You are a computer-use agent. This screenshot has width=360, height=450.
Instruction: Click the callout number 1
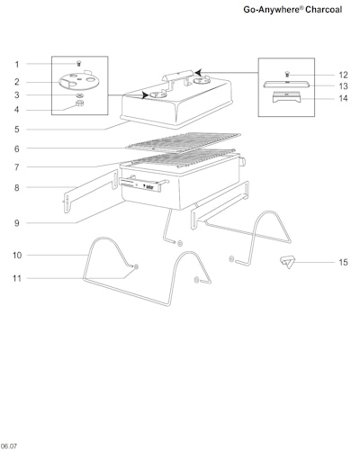17,64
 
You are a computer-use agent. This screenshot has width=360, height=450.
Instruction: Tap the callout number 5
17,130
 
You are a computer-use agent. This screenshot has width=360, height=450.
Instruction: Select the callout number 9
17,223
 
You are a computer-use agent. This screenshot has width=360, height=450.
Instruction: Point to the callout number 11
17,278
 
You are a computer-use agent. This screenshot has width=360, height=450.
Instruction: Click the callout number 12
343,75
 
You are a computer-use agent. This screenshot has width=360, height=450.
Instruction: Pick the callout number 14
343,98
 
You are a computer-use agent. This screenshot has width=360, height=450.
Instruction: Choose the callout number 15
343,263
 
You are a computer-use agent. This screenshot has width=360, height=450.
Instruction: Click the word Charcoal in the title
324,10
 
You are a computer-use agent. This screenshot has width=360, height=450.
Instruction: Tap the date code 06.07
9,446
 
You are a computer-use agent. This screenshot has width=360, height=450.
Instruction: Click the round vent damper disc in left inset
79,81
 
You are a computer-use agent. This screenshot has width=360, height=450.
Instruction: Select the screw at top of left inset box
79,63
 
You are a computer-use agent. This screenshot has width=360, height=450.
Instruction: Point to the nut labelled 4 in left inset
79,103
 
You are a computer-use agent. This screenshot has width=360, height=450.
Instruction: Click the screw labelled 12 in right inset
287,74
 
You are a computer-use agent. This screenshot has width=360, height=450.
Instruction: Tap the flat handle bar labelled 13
286,85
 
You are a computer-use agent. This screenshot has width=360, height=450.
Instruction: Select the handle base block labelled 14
286,97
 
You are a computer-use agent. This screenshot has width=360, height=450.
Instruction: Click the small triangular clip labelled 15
287,262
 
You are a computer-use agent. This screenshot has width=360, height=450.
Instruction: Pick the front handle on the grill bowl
143,184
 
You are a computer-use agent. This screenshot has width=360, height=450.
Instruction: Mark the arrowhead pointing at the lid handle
198,72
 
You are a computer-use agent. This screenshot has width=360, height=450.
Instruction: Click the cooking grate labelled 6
183,141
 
